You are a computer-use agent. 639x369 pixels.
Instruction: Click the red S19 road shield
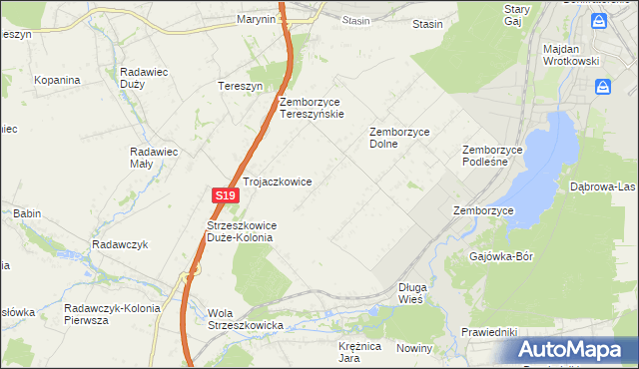(x=224, y=197)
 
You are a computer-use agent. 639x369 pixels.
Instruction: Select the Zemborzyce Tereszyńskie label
(x=313, y=108)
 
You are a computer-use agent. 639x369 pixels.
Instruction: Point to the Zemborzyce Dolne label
(x=398, y=137)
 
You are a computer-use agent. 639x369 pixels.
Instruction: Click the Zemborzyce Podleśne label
(x=492, y=157)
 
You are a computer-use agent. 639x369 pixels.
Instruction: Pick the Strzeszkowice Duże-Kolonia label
(x=241, y=231)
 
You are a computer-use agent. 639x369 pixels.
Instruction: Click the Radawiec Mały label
(x=154, y=159)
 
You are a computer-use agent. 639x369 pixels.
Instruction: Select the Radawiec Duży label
(x=146, y=78)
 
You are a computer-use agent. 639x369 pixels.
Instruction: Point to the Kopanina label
(x=57, y=79)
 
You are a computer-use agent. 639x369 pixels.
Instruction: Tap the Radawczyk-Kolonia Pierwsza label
(x=111, y=314)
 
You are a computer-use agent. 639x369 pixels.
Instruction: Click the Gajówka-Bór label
(x=501, y=256)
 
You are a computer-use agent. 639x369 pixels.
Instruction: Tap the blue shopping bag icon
(x=602, y=89)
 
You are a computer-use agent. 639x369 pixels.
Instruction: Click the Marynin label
(x=256, y=19)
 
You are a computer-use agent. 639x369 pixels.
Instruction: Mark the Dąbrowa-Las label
(x=602, y=186)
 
